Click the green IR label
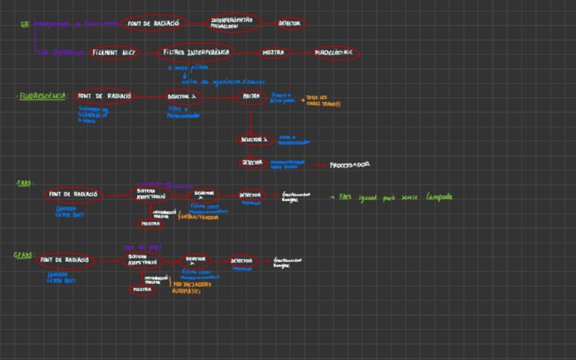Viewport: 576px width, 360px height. click(25, 24)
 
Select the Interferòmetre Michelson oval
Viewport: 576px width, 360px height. click(231, 23)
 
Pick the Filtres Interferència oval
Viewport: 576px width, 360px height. click(196, 52)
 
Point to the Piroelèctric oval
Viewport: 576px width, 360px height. click(337, 52)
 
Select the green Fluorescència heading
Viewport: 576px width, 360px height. click(41, 96)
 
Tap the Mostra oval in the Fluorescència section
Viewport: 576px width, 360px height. click(251, 96)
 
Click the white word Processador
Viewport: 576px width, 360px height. click(349, 164)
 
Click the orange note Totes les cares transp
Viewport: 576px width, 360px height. click(324, 101)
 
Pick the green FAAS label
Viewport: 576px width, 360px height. click(24, 183)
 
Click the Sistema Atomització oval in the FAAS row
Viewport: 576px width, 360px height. click(151, 194)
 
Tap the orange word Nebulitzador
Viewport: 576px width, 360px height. click(198, 217)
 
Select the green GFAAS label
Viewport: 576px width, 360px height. click(23, 255)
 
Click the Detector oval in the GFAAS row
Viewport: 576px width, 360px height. click(242, 260)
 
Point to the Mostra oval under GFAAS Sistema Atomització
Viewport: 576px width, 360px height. click(142, 289)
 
